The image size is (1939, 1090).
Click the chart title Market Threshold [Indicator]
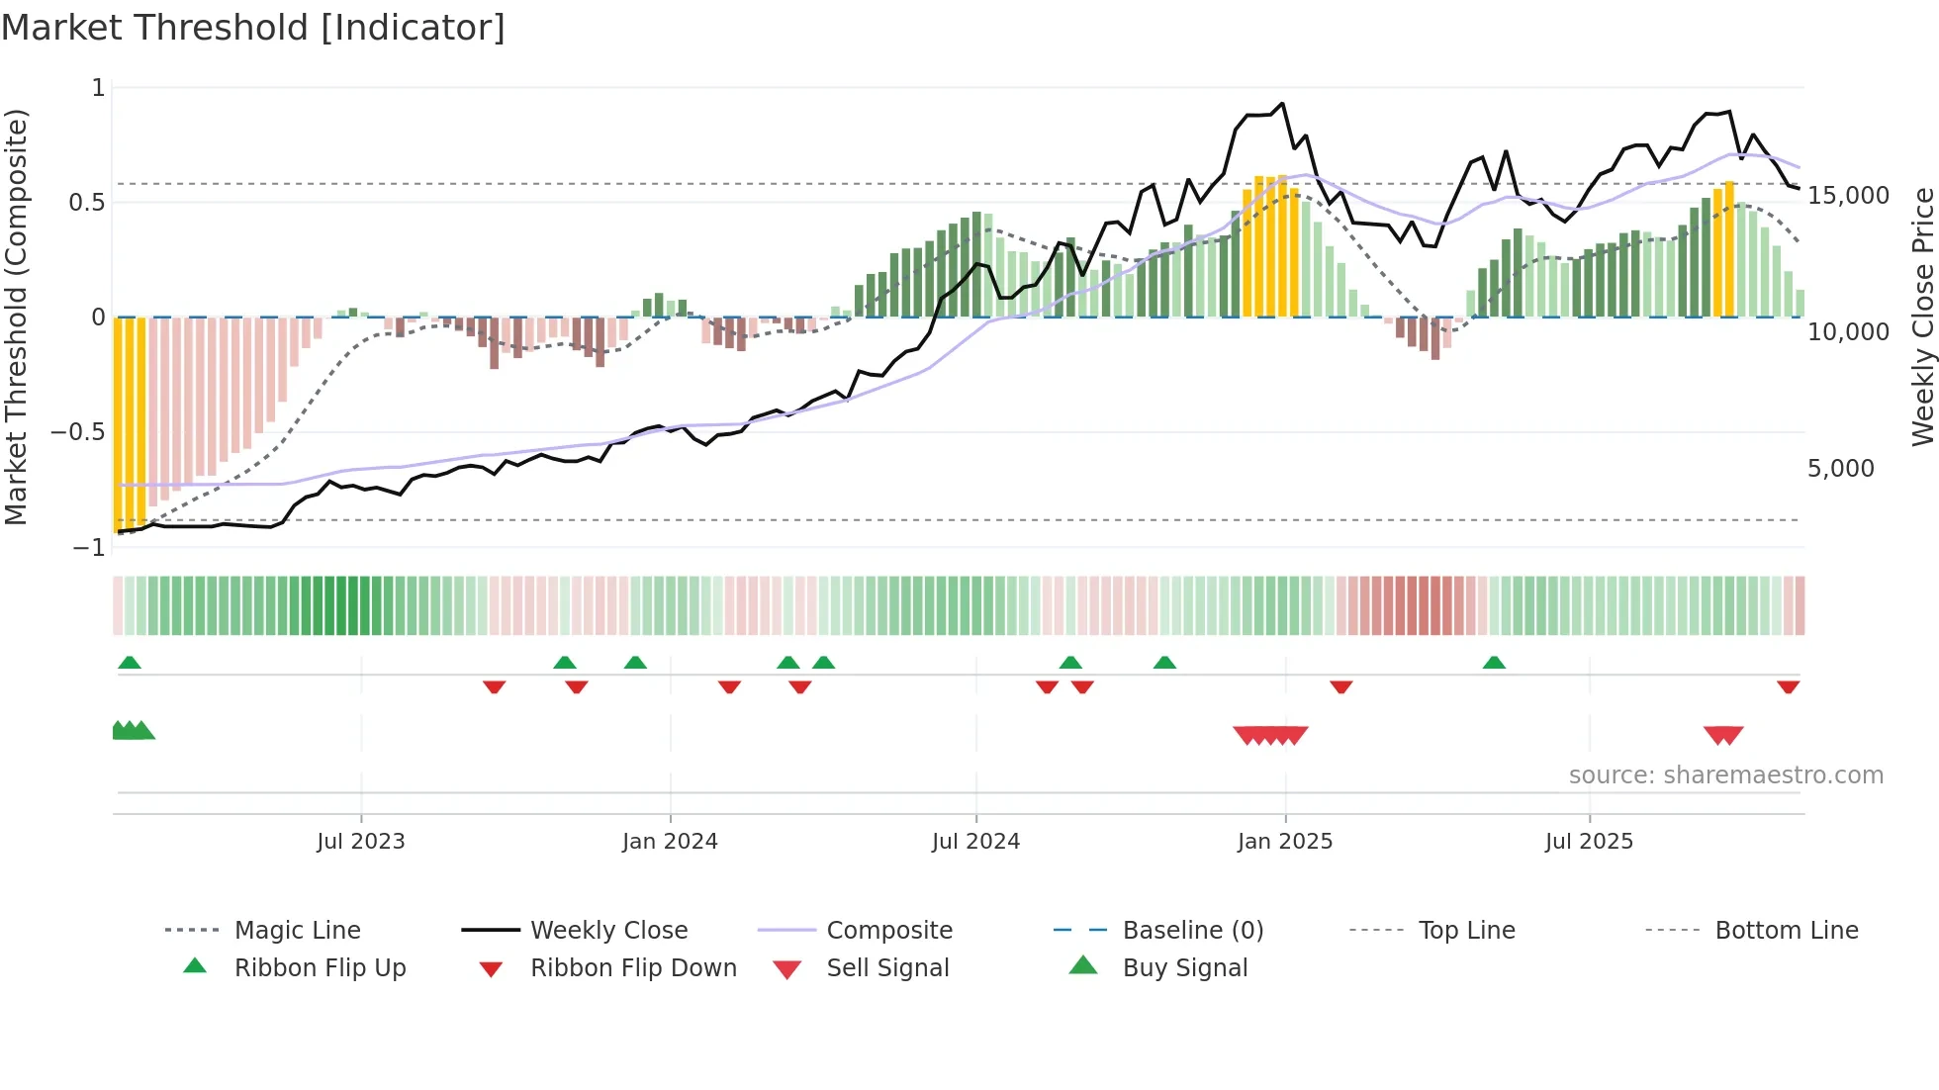click(x=253, y=28)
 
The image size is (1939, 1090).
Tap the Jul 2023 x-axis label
click(x=360, y=842)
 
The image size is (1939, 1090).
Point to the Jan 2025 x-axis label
click(x=1284, y=842)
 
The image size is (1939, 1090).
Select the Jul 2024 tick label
click(x=975, y=842)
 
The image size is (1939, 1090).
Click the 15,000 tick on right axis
click(x=1848, y=196)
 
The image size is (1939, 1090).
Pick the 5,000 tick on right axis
click(x=1840, y=469)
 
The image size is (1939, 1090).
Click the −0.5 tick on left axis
click(x=77, y=432)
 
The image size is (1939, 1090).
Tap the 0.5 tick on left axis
click(x=86, y=203)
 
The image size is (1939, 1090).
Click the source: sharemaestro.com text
click(x=1725, y=775)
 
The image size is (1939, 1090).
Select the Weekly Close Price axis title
click(x=1921, y=317)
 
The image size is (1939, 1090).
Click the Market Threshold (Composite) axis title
click(x=16, y=317)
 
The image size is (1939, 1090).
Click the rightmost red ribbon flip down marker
click(x=1788, y=686)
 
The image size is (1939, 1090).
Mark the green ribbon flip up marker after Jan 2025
click(x=1494, y=663)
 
